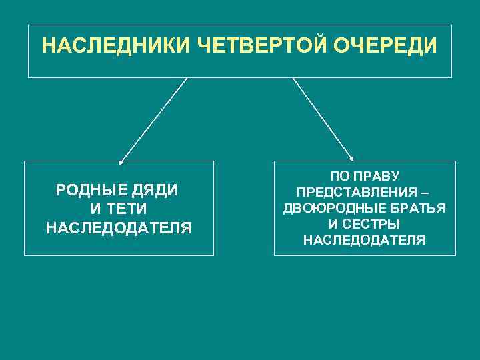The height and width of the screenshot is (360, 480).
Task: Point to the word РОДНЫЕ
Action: [91, 190]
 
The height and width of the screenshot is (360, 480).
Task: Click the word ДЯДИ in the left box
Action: [155, 190]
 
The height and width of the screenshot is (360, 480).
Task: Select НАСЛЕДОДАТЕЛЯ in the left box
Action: [119, 229]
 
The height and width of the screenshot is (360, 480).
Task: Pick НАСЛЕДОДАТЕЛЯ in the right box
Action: [364, 240]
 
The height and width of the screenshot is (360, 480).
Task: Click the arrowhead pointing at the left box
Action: [121, 161]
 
